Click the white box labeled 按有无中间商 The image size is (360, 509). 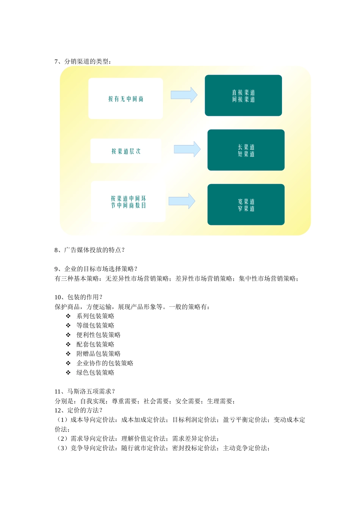point(125,98)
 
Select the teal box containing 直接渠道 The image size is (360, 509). point(243,95)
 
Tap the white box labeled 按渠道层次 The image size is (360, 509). point(126,151)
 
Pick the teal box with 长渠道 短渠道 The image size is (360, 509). point(246,150)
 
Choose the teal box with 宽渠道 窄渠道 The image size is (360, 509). point(246,205)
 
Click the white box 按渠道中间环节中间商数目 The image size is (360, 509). point(128,201)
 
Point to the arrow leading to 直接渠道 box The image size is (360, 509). point(184,95)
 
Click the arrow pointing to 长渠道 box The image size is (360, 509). point(187,149)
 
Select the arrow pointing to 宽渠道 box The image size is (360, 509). point(182,201)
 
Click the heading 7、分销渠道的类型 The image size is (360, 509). point(83,61)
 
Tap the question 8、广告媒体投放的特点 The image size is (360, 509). point(89,250)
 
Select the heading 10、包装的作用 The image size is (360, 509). point(78,297)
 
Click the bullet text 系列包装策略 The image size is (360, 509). point(95,316)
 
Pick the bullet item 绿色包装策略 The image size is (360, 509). point(95,373)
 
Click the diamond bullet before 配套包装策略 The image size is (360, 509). point(68,344)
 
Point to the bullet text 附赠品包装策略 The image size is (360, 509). point(99,354)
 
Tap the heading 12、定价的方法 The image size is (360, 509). point(78,411)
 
